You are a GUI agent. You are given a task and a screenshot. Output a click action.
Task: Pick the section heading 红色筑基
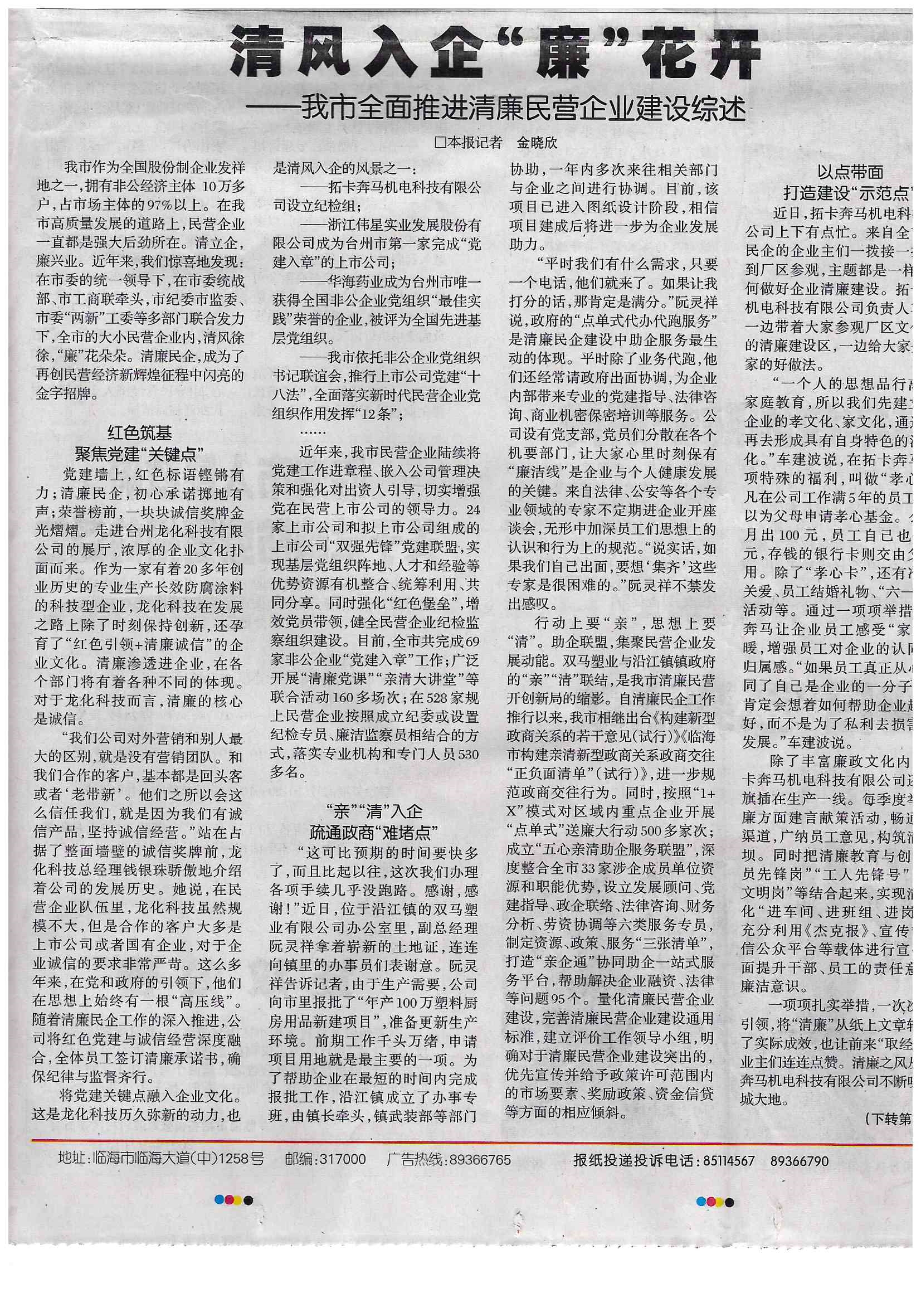[140, 434]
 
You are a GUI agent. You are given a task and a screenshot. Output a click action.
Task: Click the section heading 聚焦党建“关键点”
[140, 454]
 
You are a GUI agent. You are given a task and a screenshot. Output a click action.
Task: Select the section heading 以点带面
[851, 172]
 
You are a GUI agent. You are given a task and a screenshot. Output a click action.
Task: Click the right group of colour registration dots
[715, 1215]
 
